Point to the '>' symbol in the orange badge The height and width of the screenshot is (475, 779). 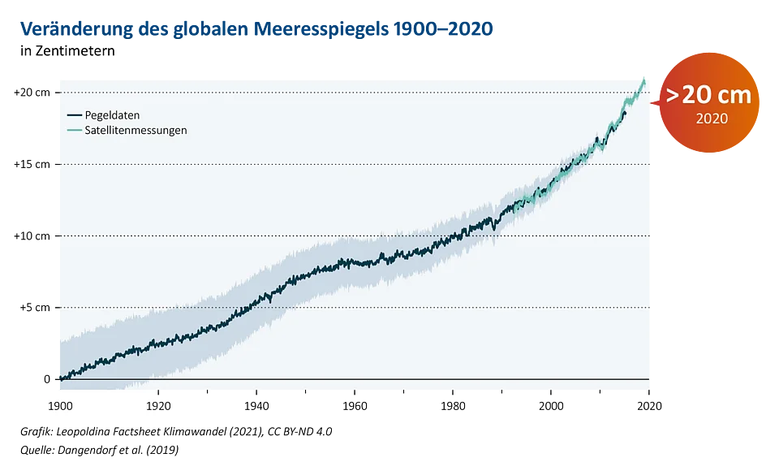674,95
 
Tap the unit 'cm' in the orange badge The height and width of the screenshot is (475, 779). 736,95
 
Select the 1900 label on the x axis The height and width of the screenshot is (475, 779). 61,405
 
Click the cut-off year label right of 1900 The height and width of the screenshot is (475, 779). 151,405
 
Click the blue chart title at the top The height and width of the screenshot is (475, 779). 256,29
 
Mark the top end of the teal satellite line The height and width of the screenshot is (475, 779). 645,77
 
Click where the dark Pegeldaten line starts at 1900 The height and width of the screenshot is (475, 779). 60,378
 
